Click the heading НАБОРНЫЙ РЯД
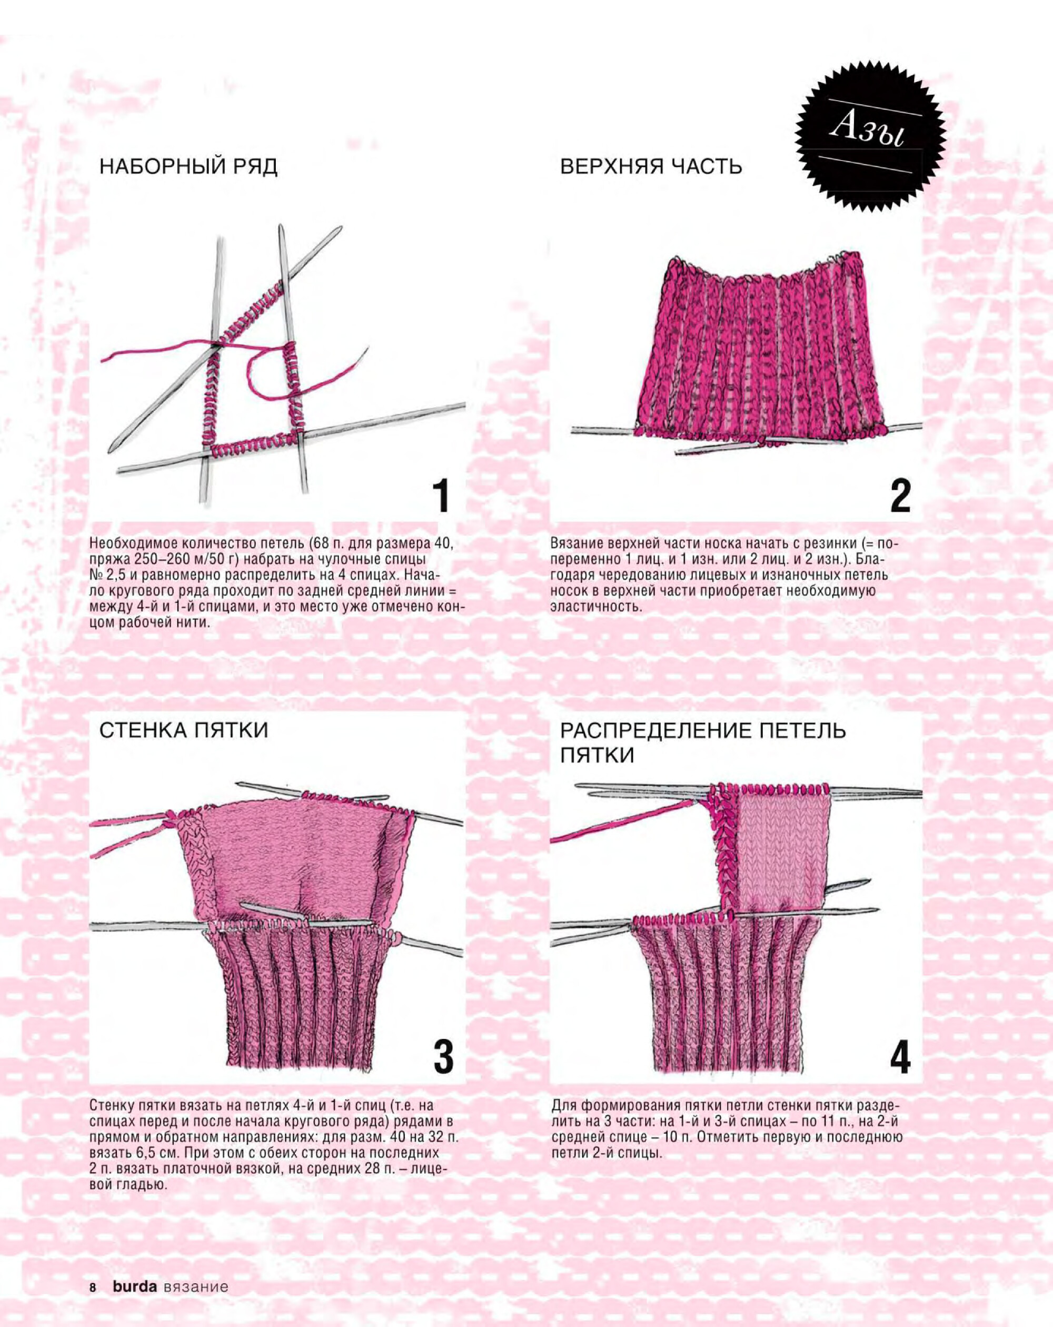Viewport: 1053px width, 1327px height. pyautogui.click(x=188, y=167)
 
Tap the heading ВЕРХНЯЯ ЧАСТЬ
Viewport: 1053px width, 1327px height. pyautogui.click(x=651, y=167)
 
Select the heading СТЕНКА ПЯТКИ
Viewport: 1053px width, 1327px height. pyautogui.click(x=183, y=730)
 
